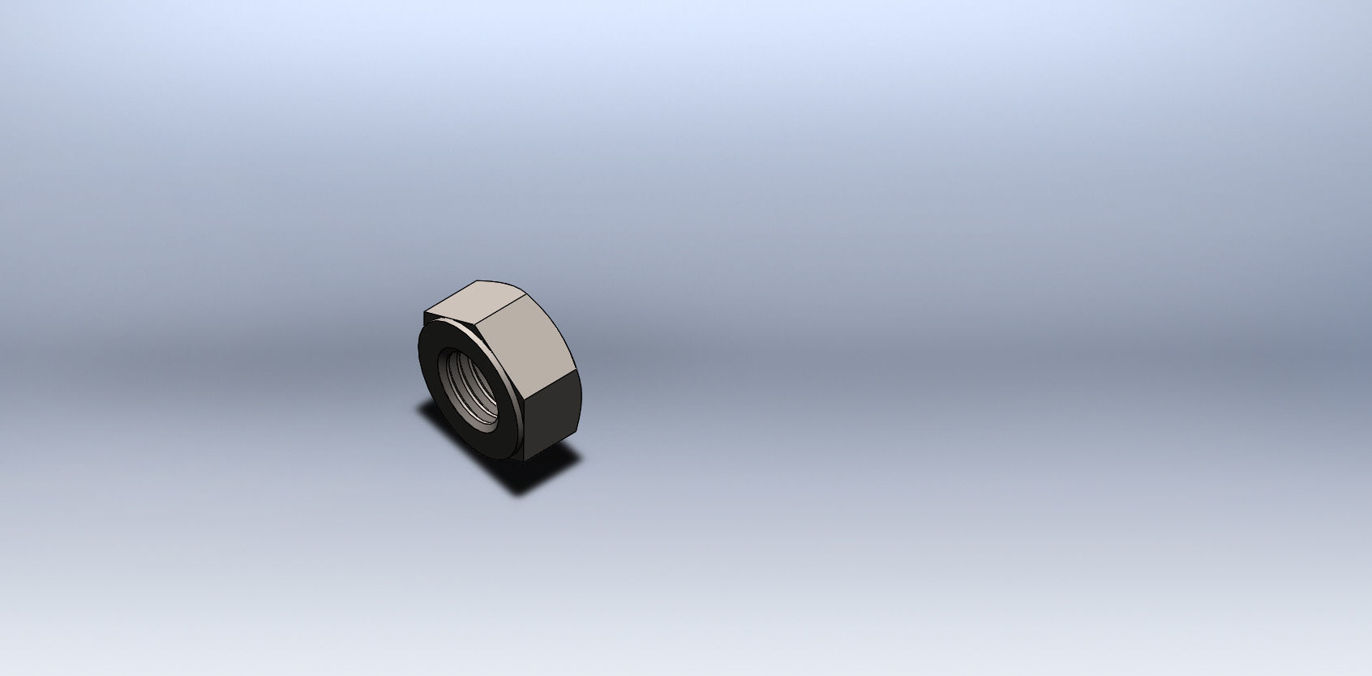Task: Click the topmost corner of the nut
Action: click(x=477, y=280)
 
